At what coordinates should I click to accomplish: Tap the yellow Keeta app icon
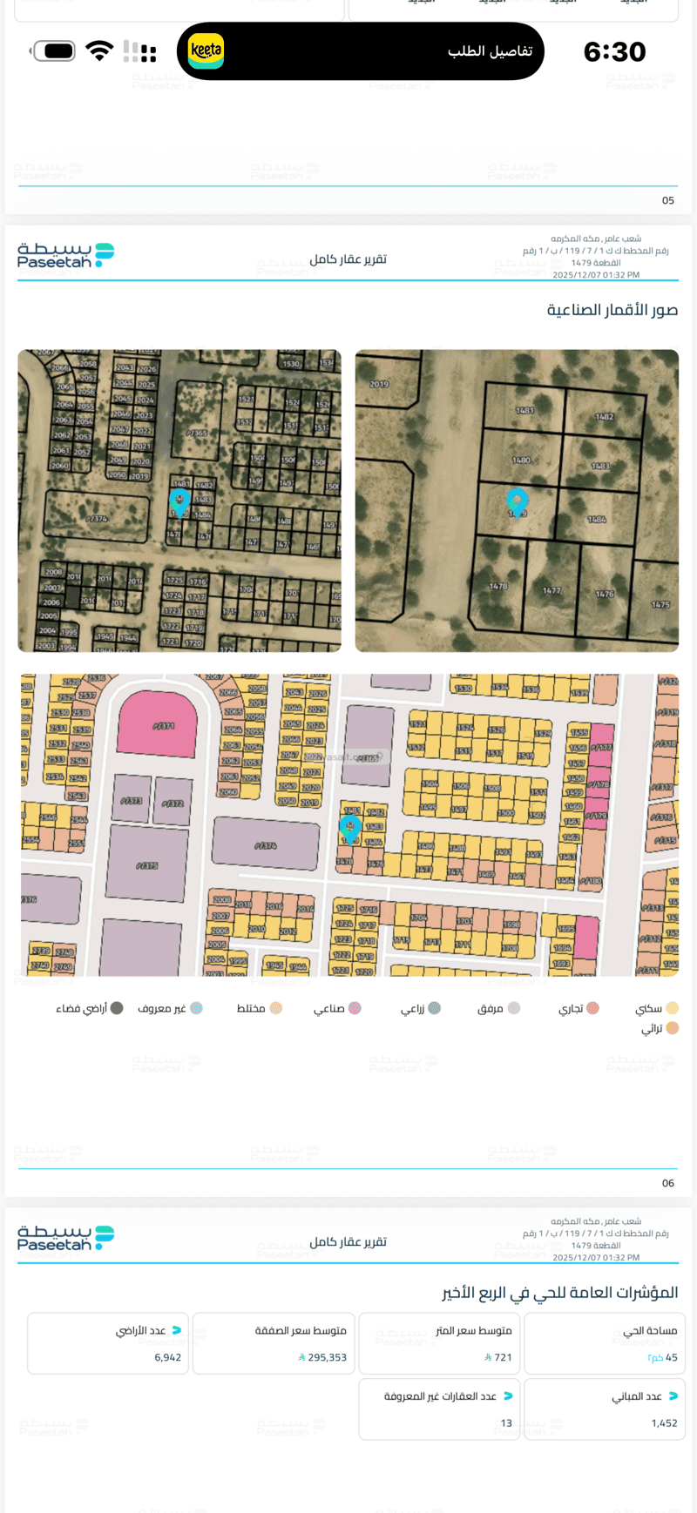tap(206, 50)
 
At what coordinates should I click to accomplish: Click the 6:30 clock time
tap(614, 52)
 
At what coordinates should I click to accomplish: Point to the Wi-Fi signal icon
tap(100, 50)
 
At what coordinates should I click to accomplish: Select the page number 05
tap(668, 200)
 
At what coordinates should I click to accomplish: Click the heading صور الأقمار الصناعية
tap(612, 310)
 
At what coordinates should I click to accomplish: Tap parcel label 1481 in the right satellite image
tap(524, 410)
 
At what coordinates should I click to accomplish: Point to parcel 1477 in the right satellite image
tap(552, 590)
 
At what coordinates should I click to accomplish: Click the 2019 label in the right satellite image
tap(379, 384)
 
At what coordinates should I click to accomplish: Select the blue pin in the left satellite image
tap(179, 501)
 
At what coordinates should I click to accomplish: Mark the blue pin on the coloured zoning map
tap(350, 829)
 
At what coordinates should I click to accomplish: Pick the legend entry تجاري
tap(579, 1008)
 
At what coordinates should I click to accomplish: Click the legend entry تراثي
tap(660, 1028)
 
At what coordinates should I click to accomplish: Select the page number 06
tap(668, 1183)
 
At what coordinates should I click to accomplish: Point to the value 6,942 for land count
tap(168, 1357)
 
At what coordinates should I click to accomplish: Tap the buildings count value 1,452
tap(664, 1422)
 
